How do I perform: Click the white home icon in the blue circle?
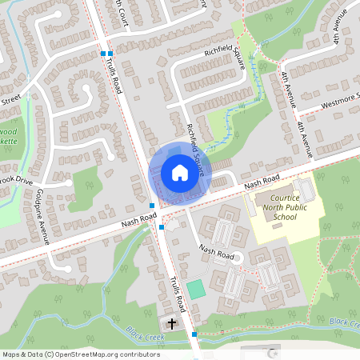click(179, 172)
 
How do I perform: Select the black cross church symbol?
click(172, 323)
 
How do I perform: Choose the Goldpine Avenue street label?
click(46, 216)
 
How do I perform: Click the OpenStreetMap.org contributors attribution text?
click(107, 354)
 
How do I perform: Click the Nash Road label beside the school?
click(262, 181)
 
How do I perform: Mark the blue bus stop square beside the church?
click(194, 334)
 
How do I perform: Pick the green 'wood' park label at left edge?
click(9, 128)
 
